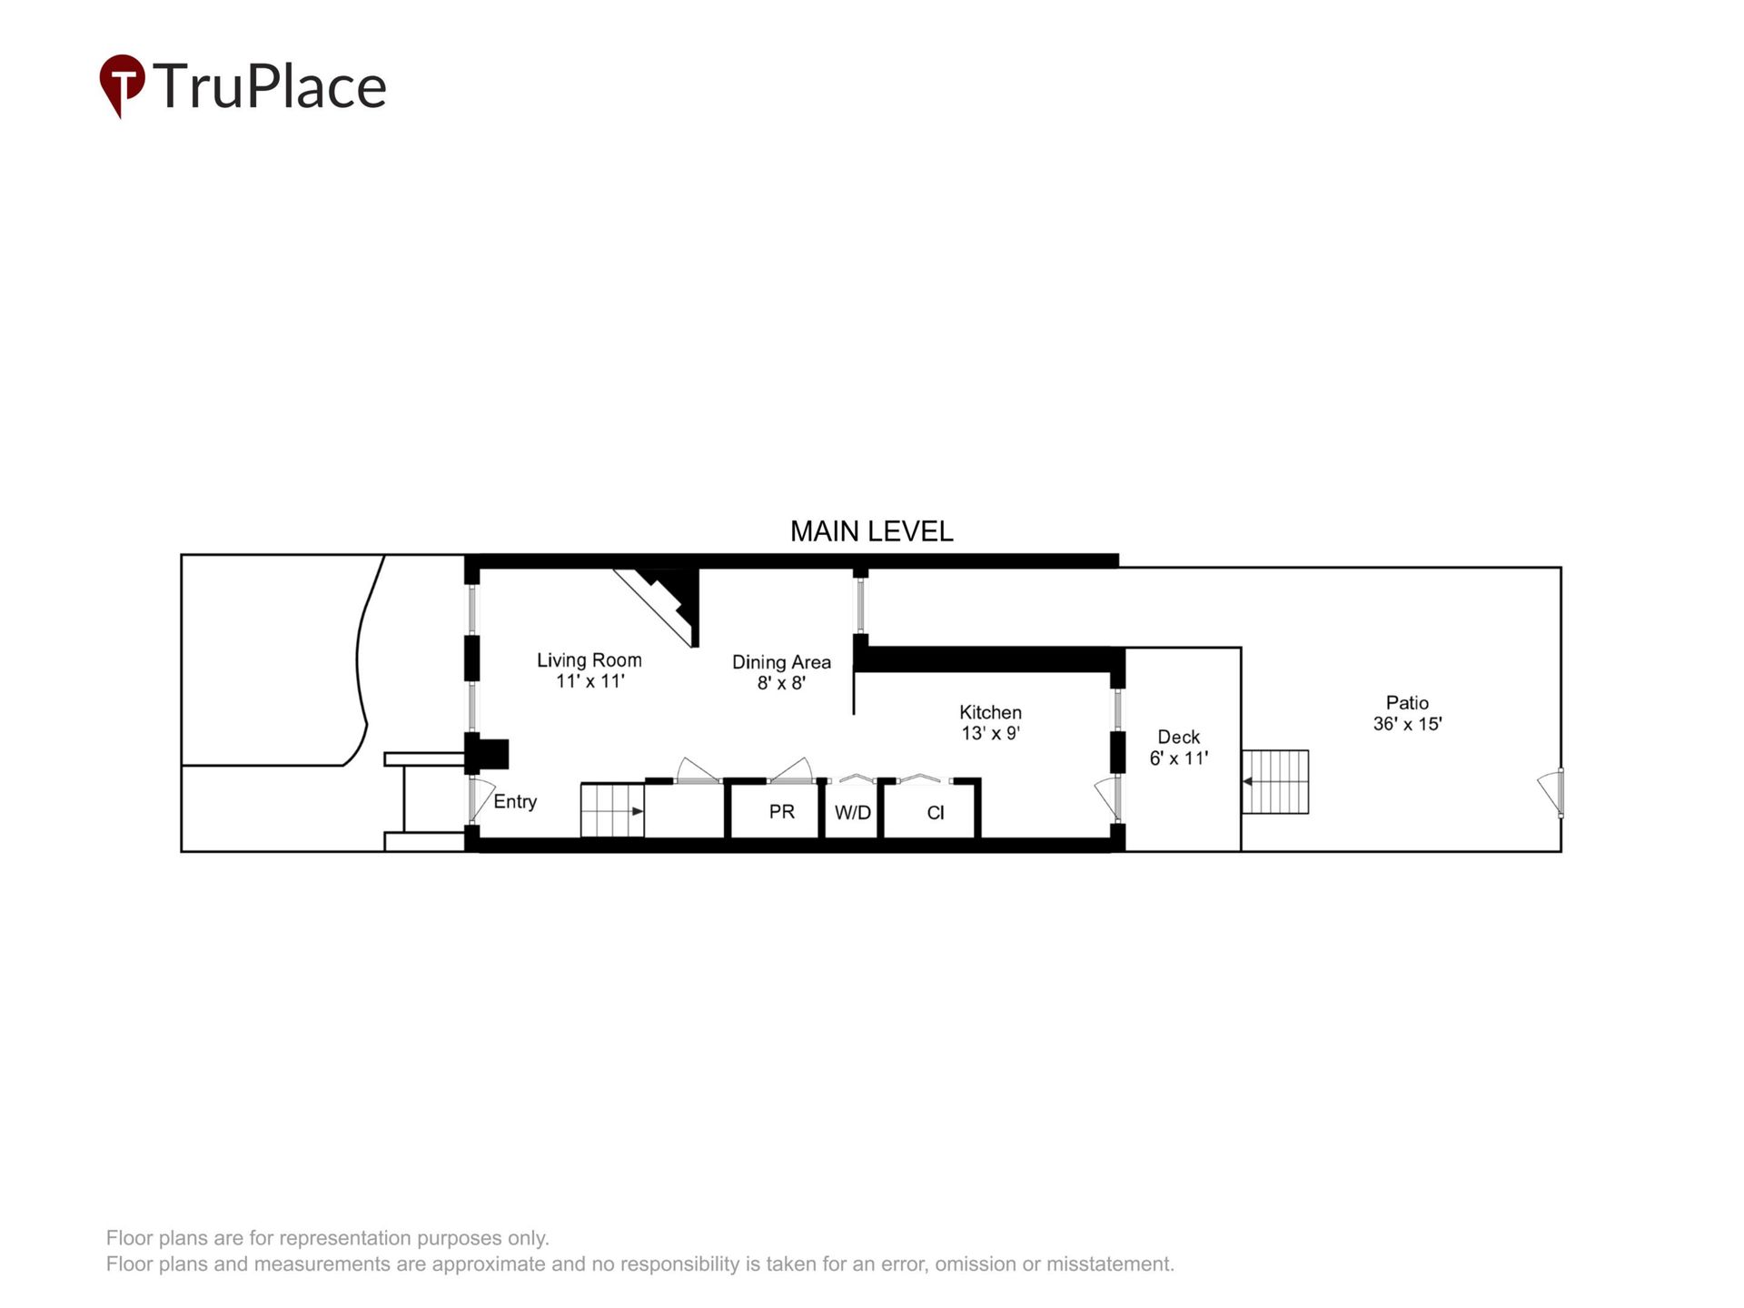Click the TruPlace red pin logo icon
coord(122,84)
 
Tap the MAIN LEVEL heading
coord(871,531)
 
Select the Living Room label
coord(589,660)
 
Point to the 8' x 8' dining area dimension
coord(781,683)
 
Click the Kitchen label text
coord(990,712)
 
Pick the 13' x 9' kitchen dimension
coord(990,733)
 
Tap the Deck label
coord(1178,737)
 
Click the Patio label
coord(1407,702)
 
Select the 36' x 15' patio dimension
coord(1407,724)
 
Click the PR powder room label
coord(781,811)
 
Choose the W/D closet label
coord(852,813)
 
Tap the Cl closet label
coord(935,813)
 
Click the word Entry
coord(515,801)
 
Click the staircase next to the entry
coord(612,810)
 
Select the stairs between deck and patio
coord(1275,782)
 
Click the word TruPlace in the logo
coord(270,86)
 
